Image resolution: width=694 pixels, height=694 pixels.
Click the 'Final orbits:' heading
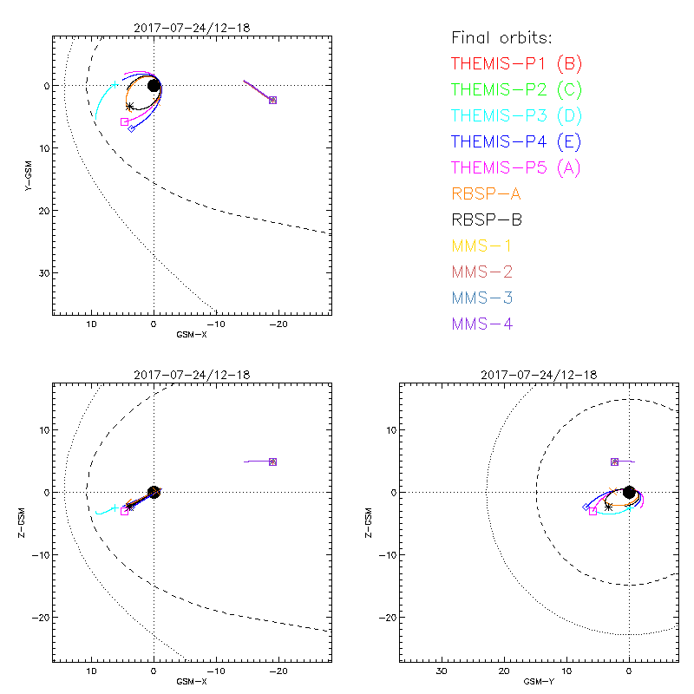tap(502, 37)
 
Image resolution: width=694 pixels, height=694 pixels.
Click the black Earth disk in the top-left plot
tap(154, 85)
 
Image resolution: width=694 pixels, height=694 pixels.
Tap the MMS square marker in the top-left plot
tap(272, 101)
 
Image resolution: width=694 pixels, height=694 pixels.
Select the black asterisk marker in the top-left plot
tap(130, 107)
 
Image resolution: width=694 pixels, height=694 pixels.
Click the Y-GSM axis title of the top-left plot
tap(28, 174)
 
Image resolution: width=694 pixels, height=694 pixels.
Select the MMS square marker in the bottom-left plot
tap(272, 462)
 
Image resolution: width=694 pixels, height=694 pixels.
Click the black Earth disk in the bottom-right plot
tap(629, 492)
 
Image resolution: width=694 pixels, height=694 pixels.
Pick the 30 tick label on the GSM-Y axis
tap(442, 671)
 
